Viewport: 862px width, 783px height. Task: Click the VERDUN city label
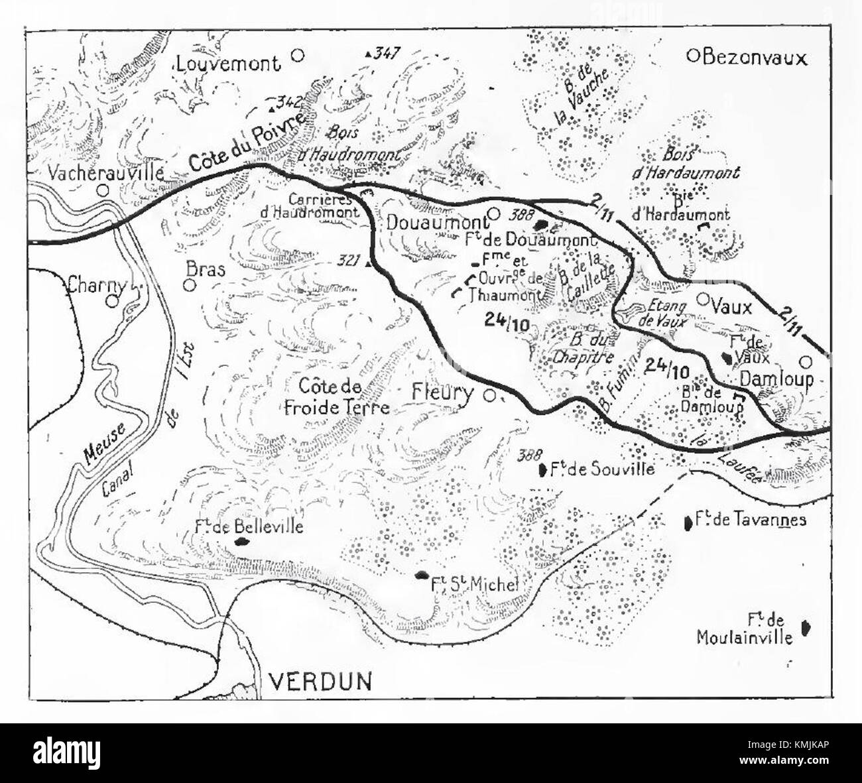click(x=322, y=681)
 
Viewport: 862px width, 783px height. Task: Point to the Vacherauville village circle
click(x=103, y=190)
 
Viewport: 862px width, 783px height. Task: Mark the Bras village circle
click(x=190, y=285)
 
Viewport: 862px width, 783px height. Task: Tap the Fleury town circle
click(x=489, y=396)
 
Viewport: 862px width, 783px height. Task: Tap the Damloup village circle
click(x=805, y=362)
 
